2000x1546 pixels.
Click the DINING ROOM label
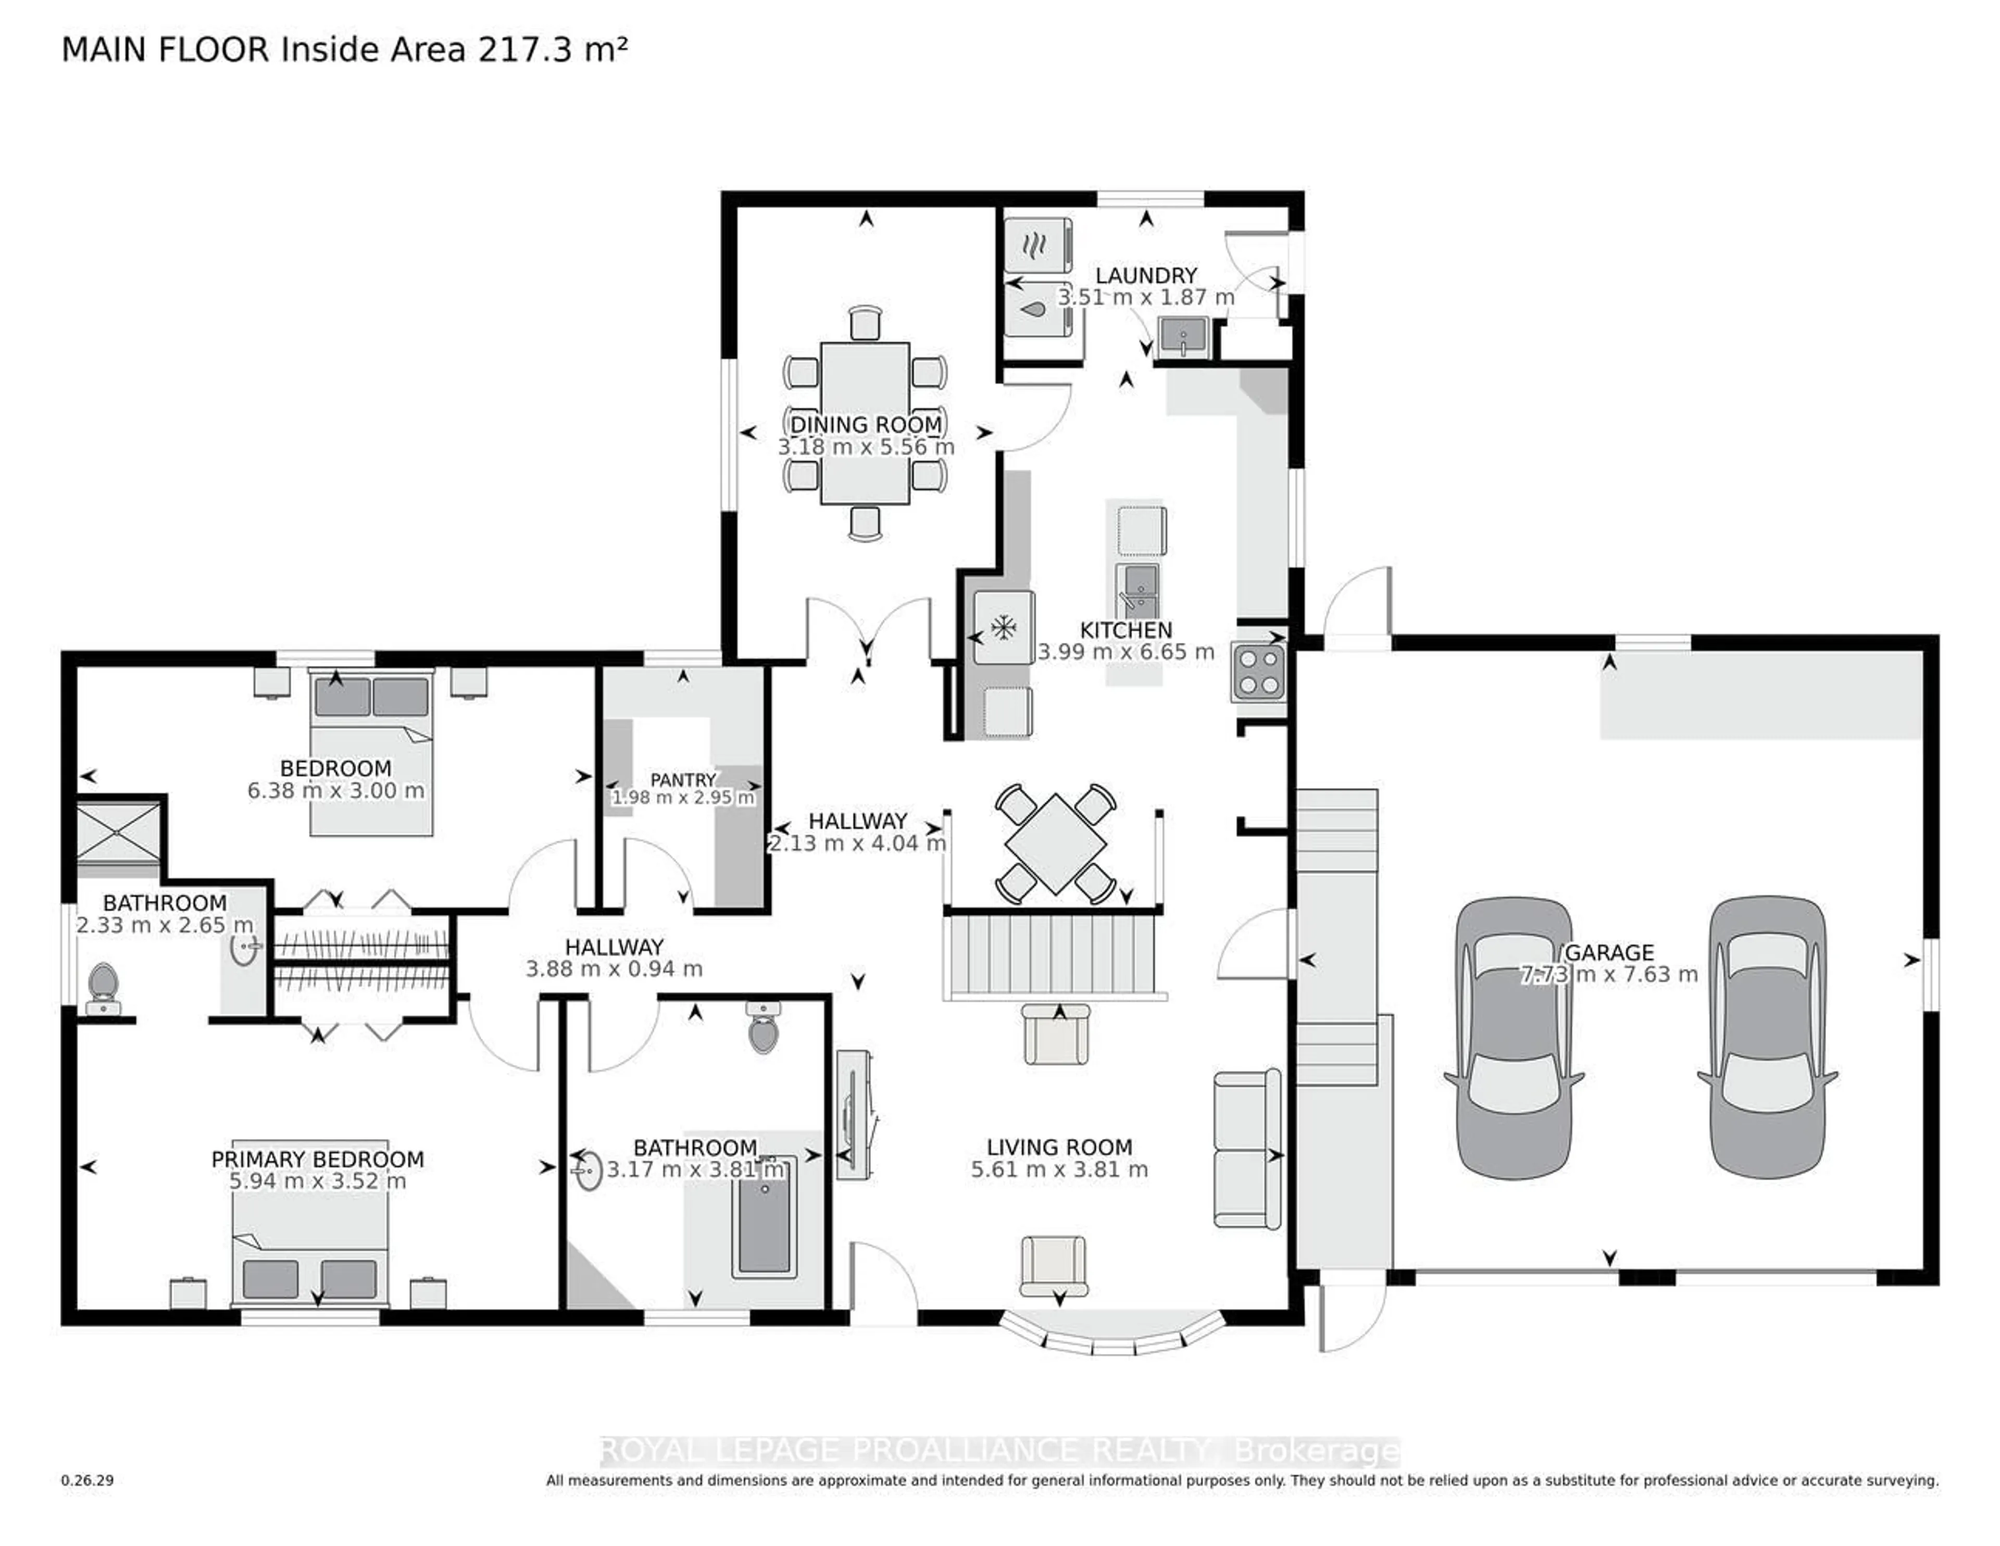click(x=866, y=425)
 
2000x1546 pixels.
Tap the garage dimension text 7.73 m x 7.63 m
click(x=1609, y=975)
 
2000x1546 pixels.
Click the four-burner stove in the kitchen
click(x=1258, y=673)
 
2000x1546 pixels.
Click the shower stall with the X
click(x=119, y=832)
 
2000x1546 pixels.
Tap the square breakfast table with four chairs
click(x=1055, y=843)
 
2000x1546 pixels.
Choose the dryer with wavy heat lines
click(x=1037, y=244)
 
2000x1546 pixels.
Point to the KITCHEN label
click(x=1126, y=630)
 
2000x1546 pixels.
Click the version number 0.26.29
click(x=87, y=1480)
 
